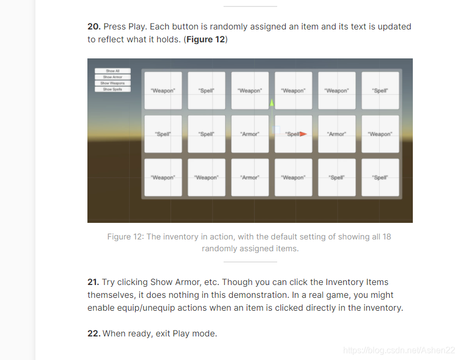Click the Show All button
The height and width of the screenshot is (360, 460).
point(113,71)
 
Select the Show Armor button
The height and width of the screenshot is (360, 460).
point(113,77)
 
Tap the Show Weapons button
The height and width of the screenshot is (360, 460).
point(113,83)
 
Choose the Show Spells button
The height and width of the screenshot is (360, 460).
point(113,89)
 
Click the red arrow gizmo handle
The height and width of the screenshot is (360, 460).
point(303,134)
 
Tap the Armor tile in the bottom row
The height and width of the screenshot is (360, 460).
point(250,177)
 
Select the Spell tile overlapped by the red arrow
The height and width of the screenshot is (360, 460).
point(293,134)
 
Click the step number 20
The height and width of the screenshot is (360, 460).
point(94,27)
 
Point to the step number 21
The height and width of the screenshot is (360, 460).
point(93,282)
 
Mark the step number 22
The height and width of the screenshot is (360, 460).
point(94,334)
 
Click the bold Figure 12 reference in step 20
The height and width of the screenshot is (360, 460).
point(206,39)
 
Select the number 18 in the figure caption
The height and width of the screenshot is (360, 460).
point(387,237)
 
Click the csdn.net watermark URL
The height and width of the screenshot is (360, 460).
point(399,350)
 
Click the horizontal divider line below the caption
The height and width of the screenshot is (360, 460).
point(250,262)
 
